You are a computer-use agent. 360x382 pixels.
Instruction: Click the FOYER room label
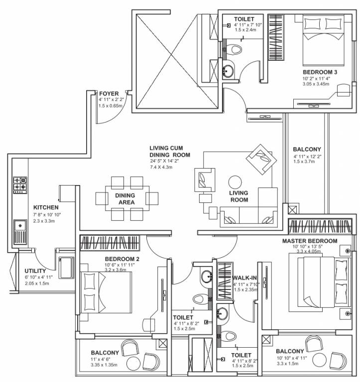[108, 93]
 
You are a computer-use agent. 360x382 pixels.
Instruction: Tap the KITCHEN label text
[46, 207]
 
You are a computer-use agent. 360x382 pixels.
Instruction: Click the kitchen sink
[20, 231]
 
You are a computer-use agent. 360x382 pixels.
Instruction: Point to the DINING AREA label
[125, 198]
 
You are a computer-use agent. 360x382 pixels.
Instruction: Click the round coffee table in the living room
[235, 182]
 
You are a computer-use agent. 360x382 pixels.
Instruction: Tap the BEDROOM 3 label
[320, 72]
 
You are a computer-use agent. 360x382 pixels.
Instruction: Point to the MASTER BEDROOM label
[310, 241]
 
